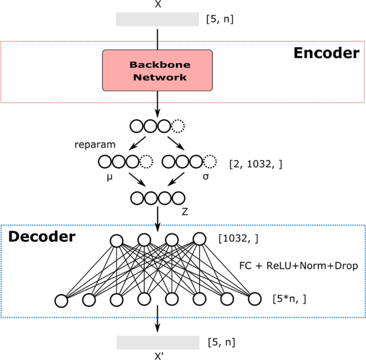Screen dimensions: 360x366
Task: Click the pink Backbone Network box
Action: [158, 70]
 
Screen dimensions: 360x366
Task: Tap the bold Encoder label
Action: [326, 53]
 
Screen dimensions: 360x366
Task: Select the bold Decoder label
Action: [41, 236]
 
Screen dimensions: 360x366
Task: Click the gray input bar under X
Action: [158, 19]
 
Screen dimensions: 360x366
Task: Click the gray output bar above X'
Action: [158, 342]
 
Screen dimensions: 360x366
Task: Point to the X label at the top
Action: [158, 4]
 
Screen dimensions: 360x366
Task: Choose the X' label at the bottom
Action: [158, 355]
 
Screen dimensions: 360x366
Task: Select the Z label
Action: [184, 212]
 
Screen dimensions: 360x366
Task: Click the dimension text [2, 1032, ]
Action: [255, 163]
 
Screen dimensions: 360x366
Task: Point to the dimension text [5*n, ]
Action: [289, 298]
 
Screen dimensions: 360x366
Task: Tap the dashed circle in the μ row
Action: [145, 161]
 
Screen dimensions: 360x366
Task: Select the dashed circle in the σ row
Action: [211, 161]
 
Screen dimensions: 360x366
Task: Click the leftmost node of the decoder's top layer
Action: [115, 241]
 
